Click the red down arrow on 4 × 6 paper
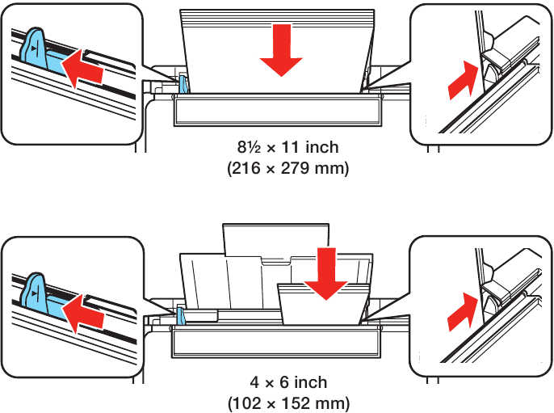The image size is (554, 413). (327, 275)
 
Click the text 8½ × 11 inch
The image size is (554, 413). (287, 147)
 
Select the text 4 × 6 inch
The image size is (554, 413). (289, 381)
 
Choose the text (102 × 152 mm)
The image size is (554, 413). (289, 402)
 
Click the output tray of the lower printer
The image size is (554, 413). (276, 344)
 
